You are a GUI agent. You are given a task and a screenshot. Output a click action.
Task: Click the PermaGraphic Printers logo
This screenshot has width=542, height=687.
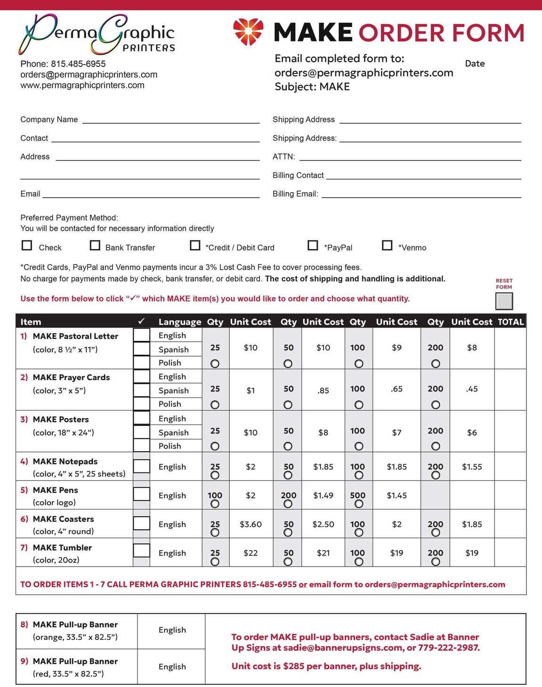pos(97,34)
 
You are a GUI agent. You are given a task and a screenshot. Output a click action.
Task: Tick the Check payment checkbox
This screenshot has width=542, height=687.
pos(27,246)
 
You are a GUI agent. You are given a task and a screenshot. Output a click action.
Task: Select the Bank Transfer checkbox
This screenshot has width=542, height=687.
pos(95,246)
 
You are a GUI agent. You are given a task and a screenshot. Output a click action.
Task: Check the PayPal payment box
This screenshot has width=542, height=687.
pos(313,246)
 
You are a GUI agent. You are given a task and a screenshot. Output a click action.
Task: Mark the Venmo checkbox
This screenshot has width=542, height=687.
pos(387,246)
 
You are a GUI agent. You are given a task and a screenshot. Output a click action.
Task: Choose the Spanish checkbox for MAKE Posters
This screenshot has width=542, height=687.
pos(141,432)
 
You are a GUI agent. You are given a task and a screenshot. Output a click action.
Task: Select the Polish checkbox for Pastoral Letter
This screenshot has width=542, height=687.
pos(141,362)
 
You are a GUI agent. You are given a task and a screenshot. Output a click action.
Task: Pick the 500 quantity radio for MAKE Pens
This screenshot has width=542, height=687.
pos(359,504)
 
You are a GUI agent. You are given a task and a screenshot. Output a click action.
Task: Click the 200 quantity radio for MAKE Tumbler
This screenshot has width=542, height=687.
pos(436,561)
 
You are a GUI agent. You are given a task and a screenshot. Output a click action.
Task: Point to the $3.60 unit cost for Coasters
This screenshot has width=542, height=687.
pos(251,524)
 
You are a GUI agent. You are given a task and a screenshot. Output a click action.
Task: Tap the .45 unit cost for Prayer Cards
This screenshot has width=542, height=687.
pos(472,389)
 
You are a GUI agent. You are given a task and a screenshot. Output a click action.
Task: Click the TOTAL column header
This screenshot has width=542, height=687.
pos(510,322)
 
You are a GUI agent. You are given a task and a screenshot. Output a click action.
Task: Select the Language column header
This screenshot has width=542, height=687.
pos(180,322)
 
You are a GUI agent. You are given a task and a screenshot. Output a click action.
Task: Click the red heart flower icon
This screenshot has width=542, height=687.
pos(248,32)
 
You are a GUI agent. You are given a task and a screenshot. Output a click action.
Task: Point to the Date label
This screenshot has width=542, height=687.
pos(475,64)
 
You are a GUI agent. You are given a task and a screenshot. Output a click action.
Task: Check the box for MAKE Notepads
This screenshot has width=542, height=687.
pos(141,466)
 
